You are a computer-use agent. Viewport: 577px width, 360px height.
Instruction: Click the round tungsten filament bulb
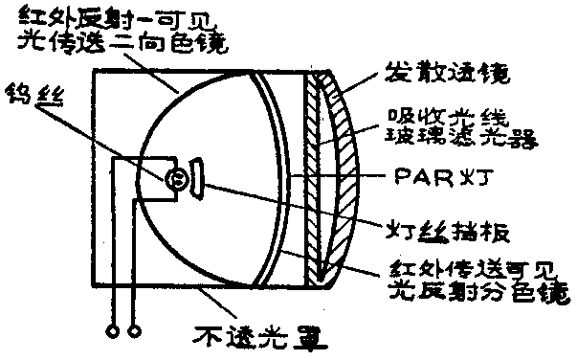[x=175, y=178]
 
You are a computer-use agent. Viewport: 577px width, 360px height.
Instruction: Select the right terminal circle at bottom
[x=134, y=331]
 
